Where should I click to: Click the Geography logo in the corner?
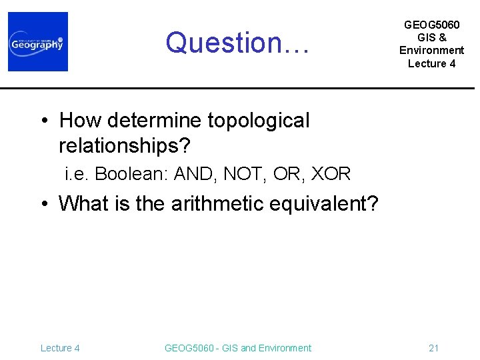[x=38, y=41]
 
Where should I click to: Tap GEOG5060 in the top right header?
[x=431, y=25]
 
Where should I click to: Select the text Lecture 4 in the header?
[x=431, y=63]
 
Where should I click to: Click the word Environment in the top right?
[x=431, y=51]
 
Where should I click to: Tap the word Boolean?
[x=131, y=174]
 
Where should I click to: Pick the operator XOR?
[x=331, y=174]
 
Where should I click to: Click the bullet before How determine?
[x=45, y=121]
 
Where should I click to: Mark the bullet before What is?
[x=45, y=204]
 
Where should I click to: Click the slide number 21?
[x=433, y=348]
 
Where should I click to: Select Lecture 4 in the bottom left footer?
[x=60, y=348]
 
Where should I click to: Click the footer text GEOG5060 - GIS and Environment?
[x=237, y=348]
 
